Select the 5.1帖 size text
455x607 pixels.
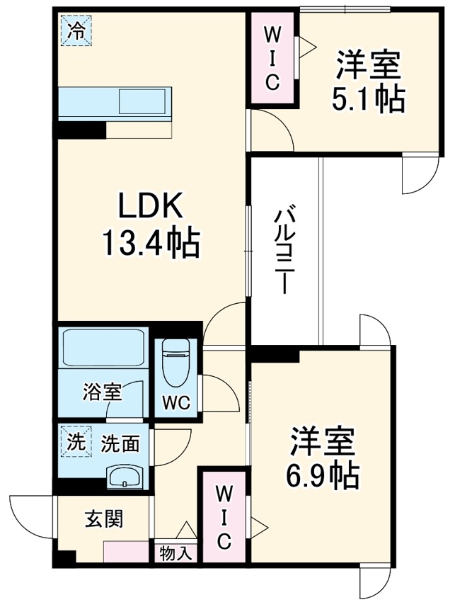click(368, 101)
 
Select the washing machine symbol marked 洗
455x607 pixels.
click(74, 442)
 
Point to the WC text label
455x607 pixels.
click(175, 403)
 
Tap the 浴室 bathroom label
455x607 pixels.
click(103, 391)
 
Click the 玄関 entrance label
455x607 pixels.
click(104, 519)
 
